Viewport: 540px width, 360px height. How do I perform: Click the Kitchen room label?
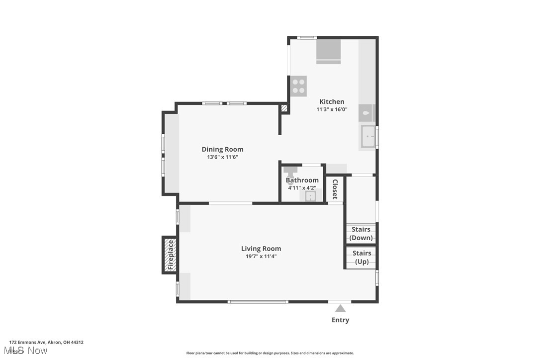click(x=332, y=101)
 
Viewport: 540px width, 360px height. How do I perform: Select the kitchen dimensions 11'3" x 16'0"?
click(x=332, y=109)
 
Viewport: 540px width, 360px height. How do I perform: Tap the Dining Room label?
click(x=222, y=149)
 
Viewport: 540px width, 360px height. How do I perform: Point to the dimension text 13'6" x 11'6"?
click(x=222, y=157)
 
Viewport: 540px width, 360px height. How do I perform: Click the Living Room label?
click(x=261, y=249)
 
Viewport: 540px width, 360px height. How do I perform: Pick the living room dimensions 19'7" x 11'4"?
click(x=261, y=257)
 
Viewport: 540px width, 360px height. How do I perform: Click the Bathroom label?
click(x=302, y=180)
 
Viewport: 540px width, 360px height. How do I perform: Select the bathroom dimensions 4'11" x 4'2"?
click(x=302, y=188)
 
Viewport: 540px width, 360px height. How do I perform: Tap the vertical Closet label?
click(x=335, y=189)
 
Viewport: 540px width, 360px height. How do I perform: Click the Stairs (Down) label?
click(x=361, y=234)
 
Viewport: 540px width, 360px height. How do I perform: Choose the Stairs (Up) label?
click(x=361, y=257)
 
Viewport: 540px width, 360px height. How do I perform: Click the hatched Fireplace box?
click(x=170, y=255)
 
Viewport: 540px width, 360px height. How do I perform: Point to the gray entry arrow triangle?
click(x=340, y=308)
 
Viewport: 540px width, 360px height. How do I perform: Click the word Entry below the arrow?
click(x=340, y=320)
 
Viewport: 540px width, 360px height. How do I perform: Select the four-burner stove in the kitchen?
click(x=299, y=87)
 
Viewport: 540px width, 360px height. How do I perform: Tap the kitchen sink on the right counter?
click(x=368, y=136)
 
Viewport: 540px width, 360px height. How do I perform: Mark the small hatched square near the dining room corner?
click(x=284, y=108)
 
